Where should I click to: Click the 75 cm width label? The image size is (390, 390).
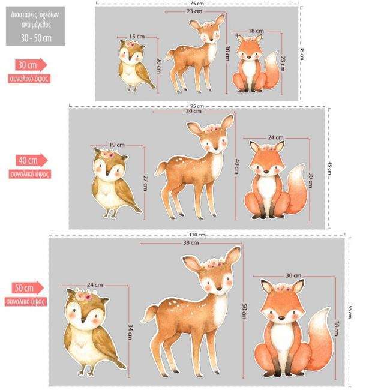pyautogui.click(x=197, y=4)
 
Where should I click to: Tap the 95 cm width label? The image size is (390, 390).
pyautogui.click(x=197, y=106)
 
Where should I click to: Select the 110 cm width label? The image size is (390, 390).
pyautogui.click(x=197, y=235)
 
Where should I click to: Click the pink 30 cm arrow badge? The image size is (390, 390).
pyautogui.click(x=31, y=65)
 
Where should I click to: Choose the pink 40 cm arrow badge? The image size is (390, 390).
pyautogui.click(x=32, y=160)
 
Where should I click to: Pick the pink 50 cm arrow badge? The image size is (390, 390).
pyautogui.click(x=28, y=288)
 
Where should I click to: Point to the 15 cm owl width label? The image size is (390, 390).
pyautogui.click(x=137, y=37)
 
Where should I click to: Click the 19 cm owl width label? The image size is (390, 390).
pyautogui.click(x=117, y=145)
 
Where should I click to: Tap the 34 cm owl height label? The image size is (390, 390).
pyautogui.click(x=130, y=332)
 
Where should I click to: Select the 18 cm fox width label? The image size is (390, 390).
pyautogui.click(x=256, y=31)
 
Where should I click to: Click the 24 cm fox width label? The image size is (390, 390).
pyautogui.click(x=275, y=137)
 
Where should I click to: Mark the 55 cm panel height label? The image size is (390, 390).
pyautogui.click(x=350, y=312)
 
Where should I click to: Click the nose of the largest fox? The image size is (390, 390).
pyautogui.click(x=281, y=318)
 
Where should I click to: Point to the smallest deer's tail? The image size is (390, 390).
pyautogui.click(x=170, y=55)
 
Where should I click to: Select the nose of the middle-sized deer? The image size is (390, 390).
pyautogui.click(x=216, y=148)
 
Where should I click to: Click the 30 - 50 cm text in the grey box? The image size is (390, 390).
pyautogui.click(x=37, y=38)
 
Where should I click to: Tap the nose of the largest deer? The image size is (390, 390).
pyautogui.click(x=219, y=289)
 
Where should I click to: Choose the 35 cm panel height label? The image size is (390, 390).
pyautogui.click(x=301, y=54)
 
